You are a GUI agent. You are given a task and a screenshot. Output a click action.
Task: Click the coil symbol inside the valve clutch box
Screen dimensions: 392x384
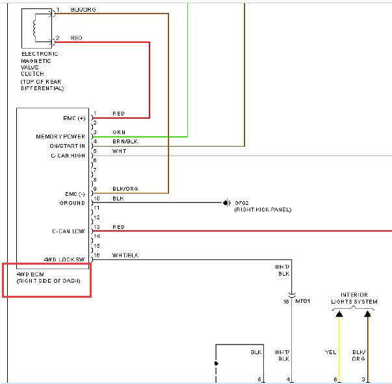(34, 28)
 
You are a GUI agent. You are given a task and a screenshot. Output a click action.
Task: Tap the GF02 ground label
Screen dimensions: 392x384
(241, 203)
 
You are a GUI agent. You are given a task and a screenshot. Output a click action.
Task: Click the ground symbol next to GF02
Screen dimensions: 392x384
(226, 202)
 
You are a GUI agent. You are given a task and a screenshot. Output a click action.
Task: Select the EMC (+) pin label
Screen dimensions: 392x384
(74, 118)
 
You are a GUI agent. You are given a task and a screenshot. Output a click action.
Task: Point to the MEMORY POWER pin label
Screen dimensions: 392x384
(60, 136)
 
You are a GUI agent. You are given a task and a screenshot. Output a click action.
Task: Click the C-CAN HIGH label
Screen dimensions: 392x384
(68, 156)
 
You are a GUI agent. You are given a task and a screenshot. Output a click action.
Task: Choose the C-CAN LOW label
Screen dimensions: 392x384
(68, 232)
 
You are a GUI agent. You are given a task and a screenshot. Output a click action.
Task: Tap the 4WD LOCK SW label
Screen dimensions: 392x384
(64, 259)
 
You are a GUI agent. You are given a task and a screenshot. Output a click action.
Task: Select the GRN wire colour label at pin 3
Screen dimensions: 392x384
(119, 132)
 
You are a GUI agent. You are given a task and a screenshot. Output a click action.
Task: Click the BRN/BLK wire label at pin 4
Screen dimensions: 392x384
(125, 141)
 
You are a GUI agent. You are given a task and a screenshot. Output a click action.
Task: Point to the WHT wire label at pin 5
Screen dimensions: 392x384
(119, 151)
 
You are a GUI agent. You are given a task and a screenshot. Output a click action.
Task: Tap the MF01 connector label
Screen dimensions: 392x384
(303, 301)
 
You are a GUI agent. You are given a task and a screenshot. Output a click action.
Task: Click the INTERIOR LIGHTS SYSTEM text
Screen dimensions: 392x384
(354, 298)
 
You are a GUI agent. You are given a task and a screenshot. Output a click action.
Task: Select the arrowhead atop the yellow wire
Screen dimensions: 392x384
(339, 314)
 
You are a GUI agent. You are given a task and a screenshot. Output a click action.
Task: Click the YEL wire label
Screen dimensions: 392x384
(330, 352)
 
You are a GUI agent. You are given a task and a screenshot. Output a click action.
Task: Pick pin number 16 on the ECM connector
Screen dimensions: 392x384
(97, 255)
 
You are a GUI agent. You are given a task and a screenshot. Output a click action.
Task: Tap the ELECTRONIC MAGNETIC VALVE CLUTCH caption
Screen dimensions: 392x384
(40, 64)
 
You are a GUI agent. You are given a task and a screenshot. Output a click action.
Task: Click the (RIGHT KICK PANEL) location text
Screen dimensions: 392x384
(263, 210)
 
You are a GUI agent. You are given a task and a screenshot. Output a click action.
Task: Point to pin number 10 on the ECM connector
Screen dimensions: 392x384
(97, 198)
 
